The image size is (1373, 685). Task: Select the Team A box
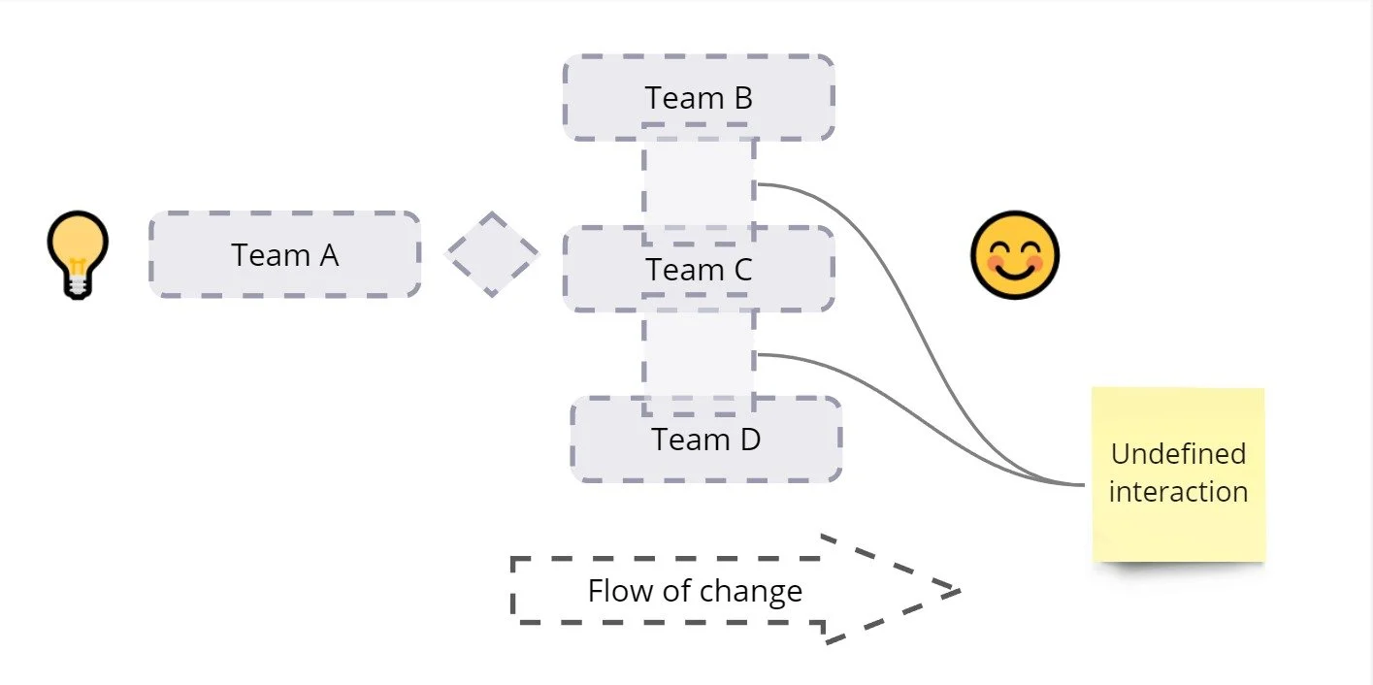pyautogui.click(x=284, y=254)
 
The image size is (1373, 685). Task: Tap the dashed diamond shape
pyautogui.click(x=491, y=254)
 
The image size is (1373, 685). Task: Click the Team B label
pyautogui.click(x=699, y=98)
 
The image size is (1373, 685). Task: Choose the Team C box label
pyautogui.click(x=699, y=270)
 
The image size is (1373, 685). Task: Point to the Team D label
pyautogui.click(x=705, y=440)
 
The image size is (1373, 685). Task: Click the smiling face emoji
pyautogui.click(x=1015, y=255)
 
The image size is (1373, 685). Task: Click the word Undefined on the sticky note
pyautogui.click(x=1178, y=454)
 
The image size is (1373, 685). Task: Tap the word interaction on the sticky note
pyautogui.click(x=1178, y=491)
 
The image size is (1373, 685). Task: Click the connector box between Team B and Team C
pyautogui.click(x=699, y=184)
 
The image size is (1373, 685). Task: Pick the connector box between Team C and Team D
pyautogui.click(x=699, y=355)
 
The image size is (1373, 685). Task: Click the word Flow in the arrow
pyautogui.click(x=614, y=591)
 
